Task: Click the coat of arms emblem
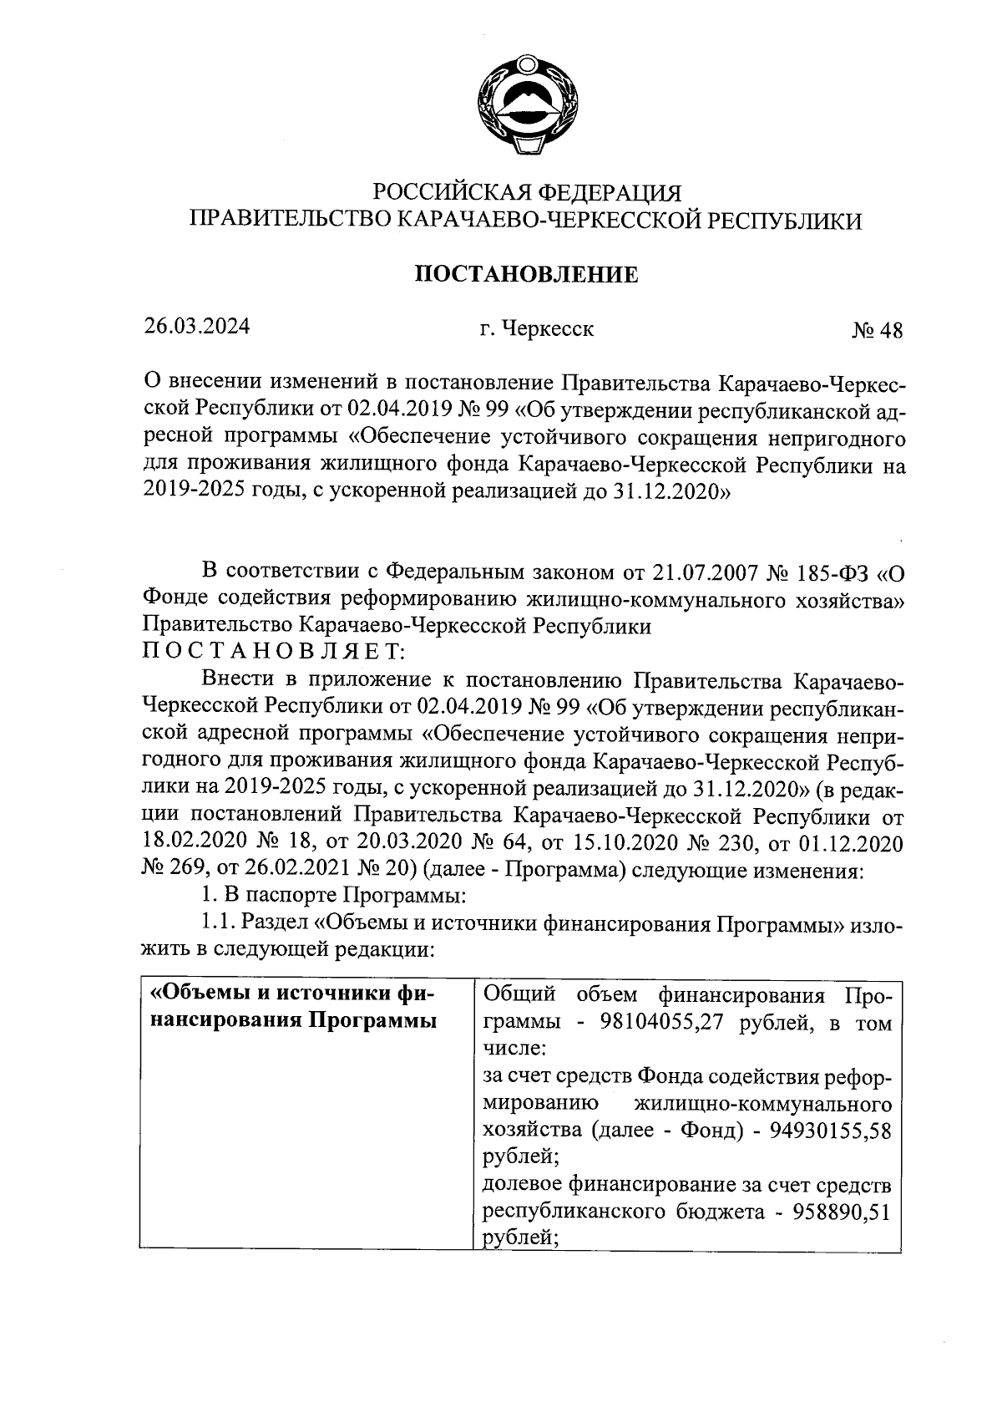[x=526, y=104]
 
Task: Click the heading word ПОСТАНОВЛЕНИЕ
[x=526, y=274]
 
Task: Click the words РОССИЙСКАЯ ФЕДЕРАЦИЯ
[x=526, y=193]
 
